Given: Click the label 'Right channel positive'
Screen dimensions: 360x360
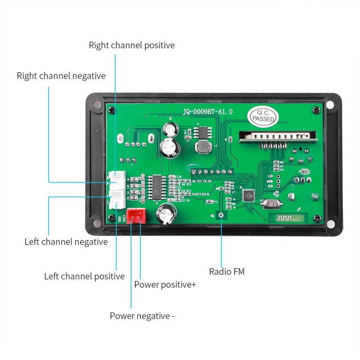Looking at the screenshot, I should click(132, 45).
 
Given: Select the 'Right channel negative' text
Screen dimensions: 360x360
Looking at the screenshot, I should click(61, 76).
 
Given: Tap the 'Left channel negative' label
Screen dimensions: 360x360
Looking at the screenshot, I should click(66, 241).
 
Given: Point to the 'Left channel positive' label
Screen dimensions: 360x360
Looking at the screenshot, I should click(84, 276).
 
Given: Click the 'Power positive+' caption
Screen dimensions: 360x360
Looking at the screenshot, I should click(165, 285).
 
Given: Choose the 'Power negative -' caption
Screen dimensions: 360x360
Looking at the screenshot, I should click(142, 316).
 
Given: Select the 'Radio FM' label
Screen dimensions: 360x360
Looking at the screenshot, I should click(226, 271).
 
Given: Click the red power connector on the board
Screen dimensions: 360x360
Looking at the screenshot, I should click(136, 216).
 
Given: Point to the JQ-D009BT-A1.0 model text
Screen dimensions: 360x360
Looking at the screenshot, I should click(208, 111).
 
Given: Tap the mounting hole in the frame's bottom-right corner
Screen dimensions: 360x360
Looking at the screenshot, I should click(330, 224).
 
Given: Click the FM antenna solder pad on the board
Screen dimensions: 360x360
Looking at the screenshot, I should click(221, 215).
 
